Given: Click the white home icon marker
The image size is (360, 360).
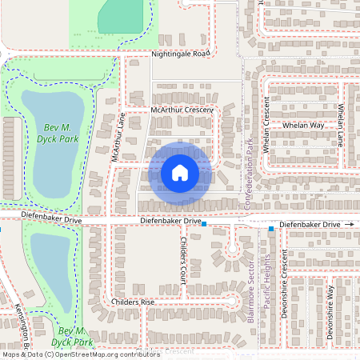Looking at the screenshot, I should (x=180, y=172).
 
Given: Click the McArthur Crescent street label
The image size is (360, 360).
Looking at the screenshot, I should (x=182, y=109).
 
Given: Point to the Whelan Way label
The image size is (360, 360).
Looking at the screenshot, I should (x=303, y=126).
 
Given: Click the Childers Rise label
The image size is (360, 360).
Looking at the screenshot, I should (x=133, y=302).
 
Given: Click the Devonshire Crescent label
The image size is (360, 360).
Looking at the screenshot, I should (x=284, y=294).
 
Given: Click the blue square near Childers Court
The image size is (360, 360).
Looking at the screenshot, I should (x=204, y=225).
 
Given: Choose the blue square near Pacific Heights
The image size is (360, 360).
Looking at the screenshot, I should (x=271, y=229).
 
